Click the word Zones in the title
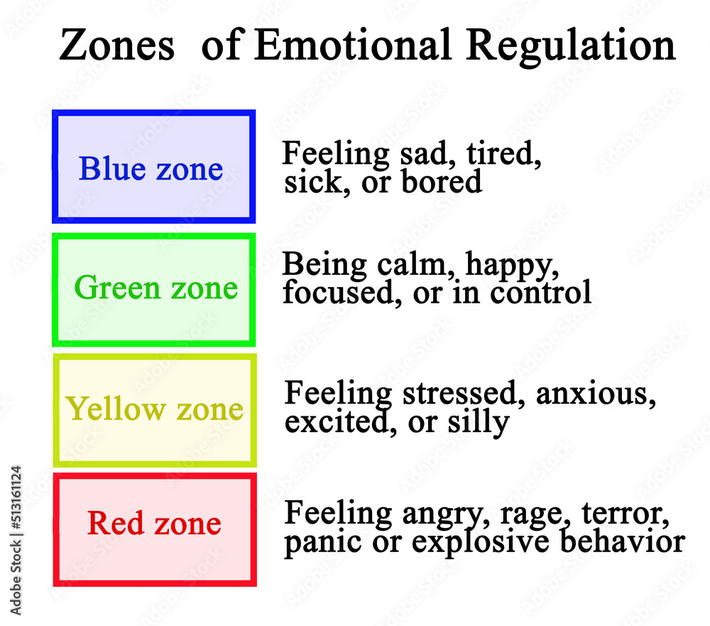(x=116, y=45)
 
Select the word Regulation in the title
(x=571, y=45)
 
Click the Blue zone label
(x=151, y=168)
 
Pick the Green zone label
(x=155, y=288)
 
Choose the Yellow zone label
(x=154, y=409)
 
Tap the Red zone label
(x=154, y=524)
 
